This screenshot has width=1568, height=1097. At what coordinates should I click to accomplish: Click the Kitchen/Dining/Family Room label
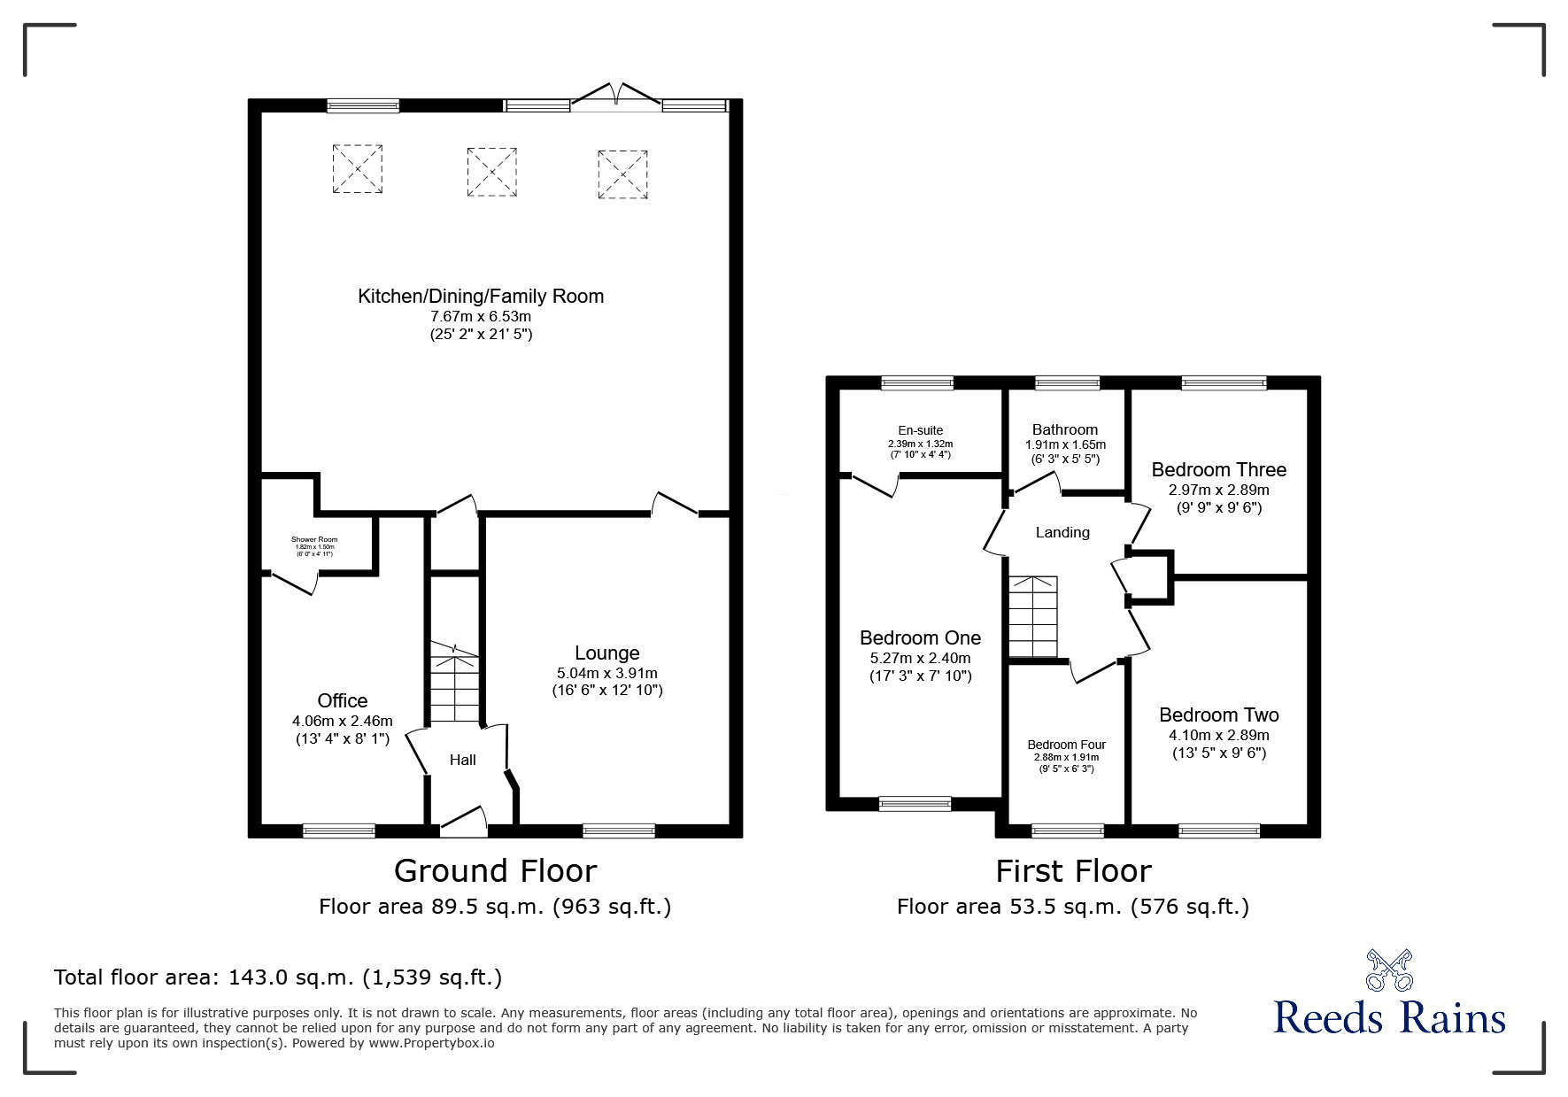481,297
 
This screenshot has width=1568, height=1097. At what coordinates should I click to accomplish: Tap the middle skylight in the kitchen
491,171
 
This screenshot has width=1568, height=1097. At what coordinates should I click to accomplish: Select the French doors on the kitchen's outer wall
615,97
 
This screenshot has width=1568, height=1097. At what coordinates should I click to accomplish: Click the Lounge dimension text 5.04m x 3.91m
606,673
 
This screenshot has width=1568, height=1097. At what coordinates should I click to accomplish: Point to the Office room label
343,701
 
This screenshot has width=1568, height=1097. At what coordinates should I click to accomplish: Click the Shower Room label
314,539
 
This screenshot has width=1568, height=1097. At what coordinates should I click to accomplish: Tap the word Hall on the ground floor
462,760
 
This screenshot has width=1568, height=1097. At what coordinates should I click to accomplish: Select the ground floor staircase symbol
454,684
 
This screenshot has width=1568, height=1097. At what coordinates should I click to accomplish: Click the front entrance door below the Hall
464,823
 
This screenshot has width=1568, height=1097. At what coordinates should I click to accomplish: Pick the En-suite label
920,430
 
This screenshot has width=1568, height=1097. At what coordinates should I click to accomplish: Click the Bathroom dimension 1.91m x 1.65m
1065,444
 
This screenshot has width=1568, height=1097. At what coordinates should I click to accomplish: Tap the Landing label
1062,532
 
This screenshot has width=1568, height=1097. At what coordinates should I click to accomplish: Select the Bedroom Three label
1218,469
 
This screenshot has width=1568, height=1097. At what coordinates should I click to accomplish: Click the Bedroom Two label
1218,715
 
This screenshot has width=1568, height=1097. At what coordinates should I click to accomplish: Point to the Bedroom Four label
1066,745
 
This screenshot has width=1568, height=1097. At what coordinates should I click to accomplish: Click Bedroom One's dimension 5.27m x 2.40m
920,658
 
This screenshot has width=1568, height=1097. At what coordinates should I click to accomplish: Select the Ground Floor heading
495,870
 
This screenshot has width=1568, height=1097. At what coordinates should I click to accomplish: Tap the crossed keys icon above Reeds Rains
1389,970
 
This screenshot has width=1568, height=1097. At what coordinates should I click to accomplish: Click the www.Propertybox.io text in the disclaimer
431,1043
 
